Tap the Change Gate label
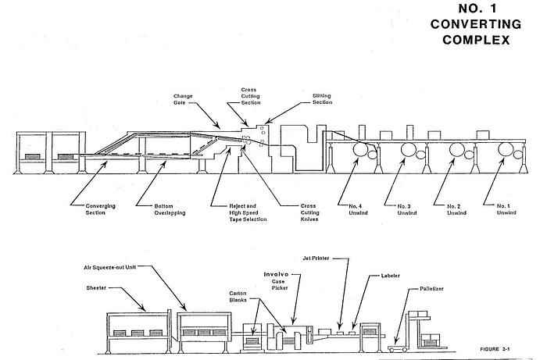[183, 99]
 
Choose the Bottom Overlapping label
[148, 209]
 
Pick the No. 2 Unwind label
[456, 210]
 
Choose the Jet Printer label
[316, 256]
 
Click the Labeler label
[391, 275]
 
